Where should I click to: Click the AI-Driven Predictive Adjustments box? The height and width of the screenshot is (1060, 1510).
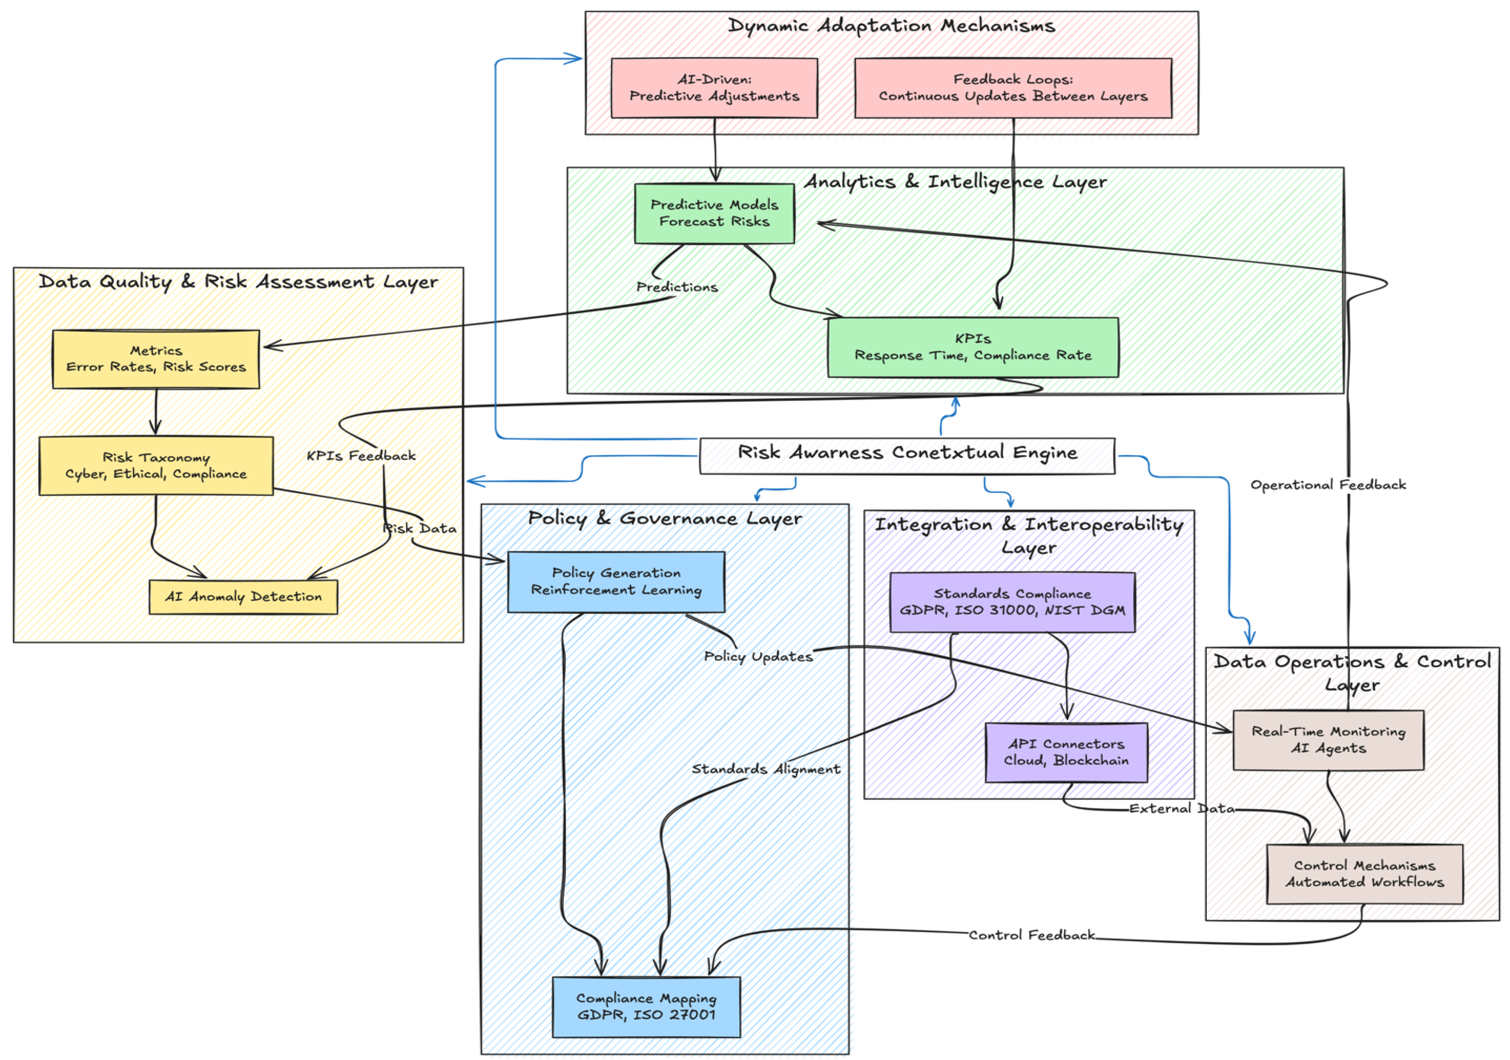714,88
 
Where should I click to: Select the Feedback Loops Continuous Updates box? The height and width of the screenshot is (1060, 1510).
1013,88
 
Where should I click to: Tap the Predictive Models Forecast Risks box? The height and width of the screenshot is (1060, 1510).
714,213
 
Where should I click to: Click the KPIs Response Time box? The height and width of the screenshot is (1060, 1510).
973,347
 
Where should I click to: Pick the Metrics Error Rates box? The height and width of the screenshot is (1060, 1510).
156,359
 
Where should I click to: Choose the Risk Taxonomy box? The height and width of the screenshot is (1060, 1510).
156,466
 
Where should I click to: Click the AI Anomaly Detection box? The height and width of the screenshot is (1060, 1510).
243,597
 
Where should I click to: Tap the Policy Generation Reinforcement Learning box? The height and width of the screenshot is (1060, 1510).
616,582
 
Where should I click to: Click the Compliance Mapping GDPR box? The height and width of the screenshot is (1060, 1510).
646,1007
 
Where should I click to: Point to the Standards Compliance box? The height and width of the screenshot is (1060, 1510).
1012,602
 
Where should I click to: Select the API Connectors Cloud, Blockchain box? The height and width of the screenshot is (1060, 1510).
1066,752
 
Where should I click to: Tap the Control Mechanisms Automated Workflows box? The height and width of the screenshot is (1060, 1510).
1365,874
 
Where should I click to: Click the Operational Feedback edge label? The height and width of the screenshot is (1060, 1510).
1328,485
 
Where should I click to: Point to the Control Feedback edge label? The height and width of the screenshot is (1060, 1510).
1031,935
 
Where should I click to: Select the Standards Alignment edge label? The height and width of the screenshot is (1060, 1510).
765,769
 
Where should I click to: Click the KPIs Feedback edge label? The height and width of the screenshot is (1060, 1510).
361,455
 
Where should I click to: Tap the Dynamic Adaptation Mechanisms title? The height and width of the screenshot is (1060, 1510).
891,26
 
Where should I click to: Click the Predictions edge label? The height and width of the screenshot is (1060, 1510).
677,287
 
